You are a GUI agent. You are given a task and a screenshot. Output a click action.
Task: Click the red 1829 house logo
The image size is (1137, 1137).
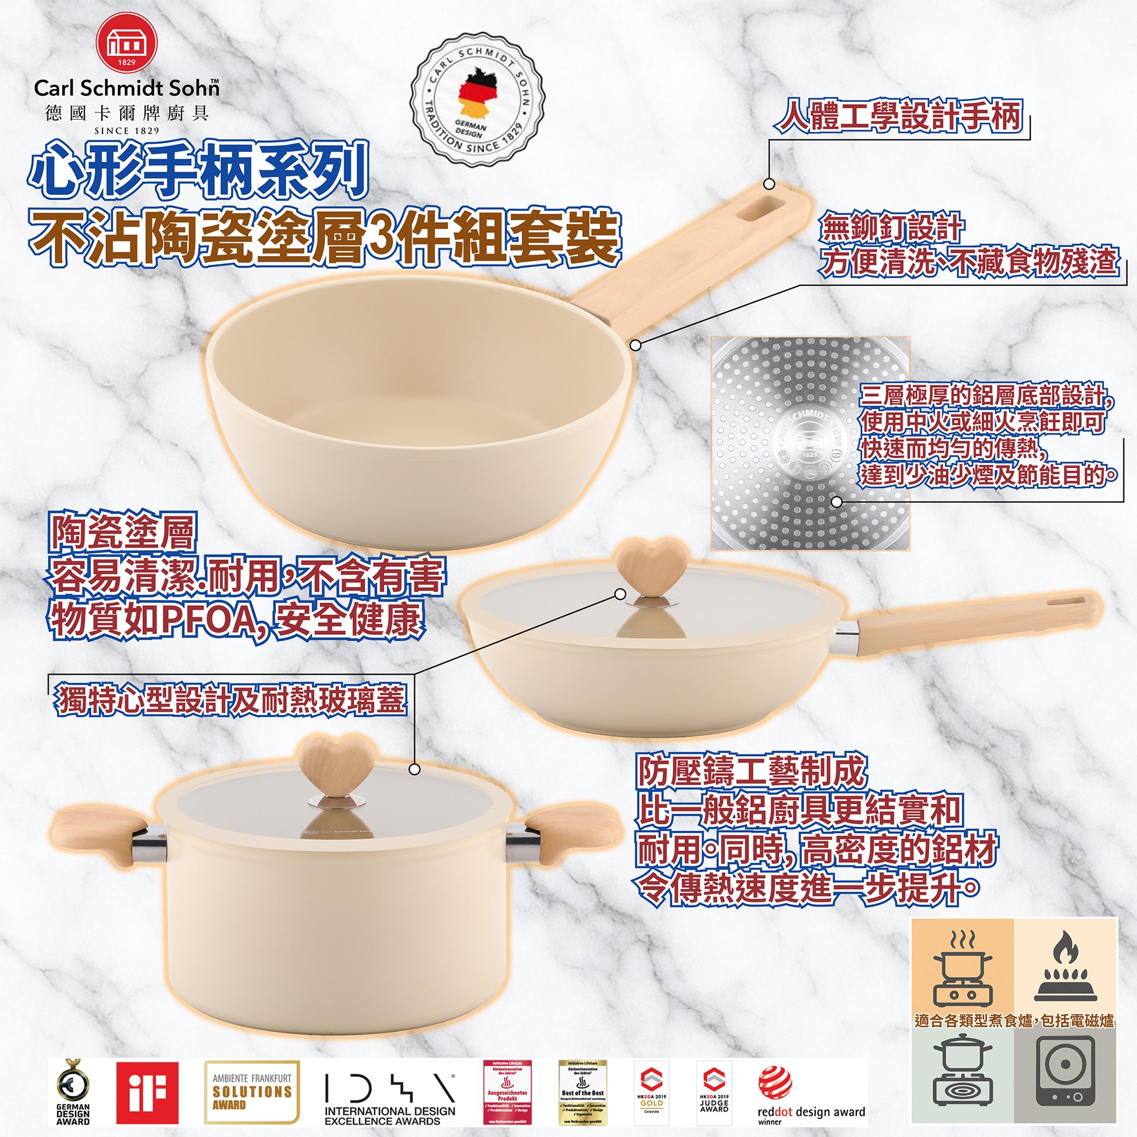(126, 44)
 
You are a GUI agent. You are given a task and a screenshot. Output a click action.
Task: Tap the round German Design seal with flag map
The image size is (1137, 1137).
(478, 99)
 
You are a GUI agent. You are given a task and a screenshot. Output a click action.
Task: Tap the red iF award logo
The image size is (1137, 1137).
(147, 1093)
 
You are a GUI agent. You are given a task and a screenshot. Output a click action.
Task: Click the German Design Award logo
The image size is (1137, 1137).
(73, 1093)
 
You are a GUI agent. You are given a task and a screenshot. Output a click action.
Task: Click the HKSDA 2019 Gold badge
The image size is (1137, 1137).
(651, 1093)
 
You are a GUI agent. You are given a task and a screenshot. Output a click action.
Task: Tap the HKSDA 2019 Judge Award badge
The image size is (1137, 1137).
(714, 1093)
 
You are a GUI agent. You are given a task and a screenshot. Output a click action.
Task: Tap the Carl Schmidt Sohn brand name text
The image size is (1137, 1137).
(126, 88)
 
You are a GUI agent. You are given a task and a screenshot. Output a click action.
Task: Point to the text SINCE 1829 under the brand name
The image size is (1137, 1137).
(126, 130)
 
